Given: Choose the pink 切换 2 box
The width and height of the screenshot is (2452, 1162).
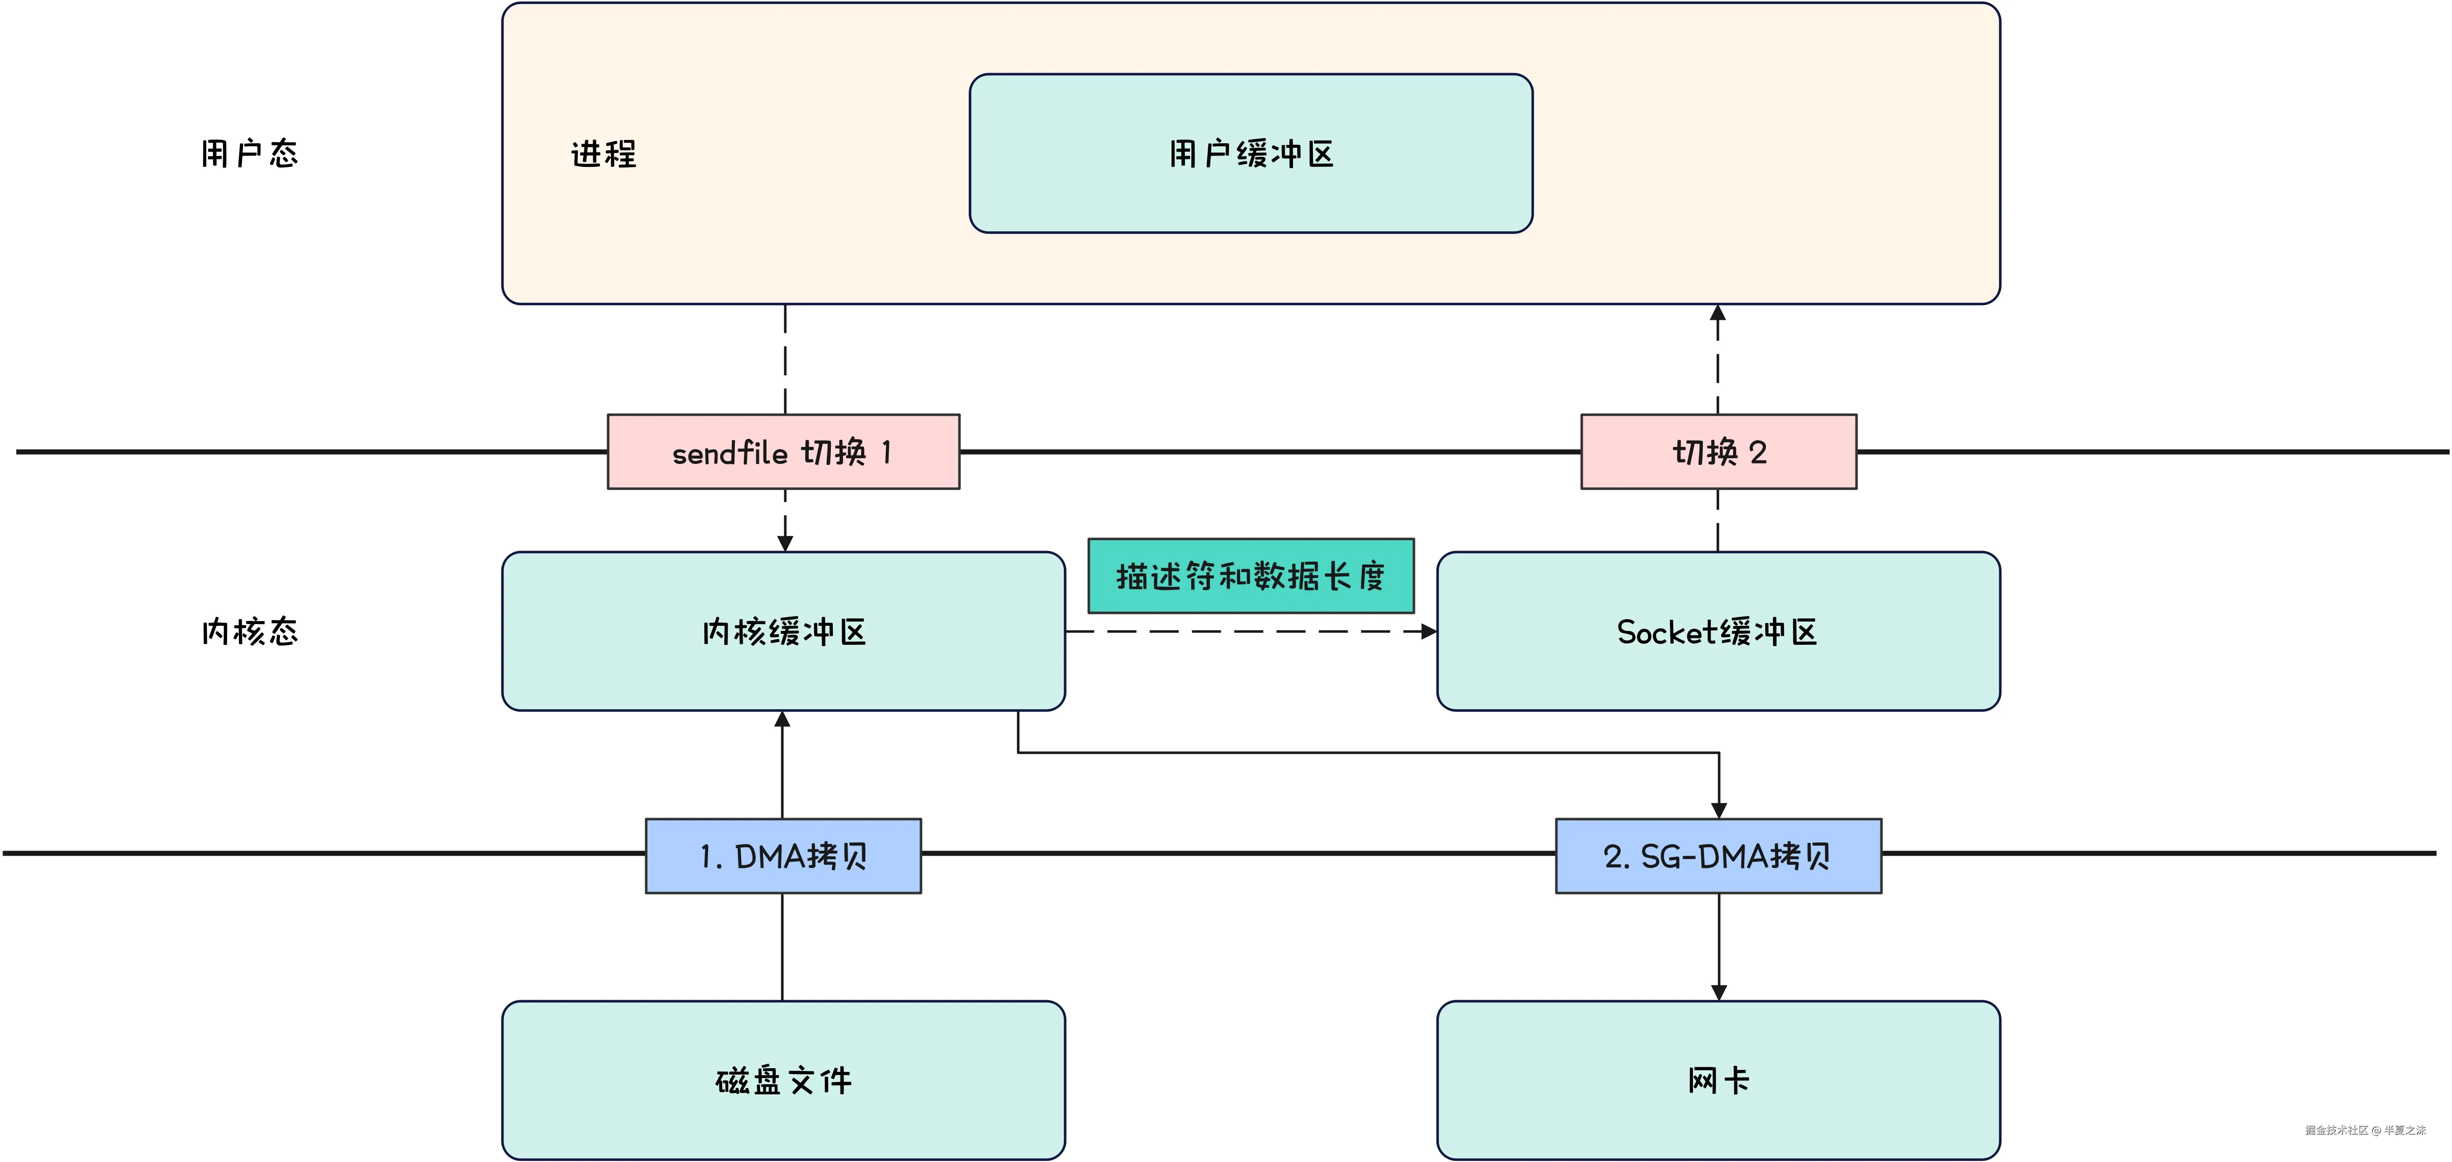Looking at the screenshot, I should point(1718,452).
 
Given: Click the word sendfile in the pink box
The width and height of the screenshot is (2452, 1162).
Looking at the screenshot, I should point(729,453).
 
